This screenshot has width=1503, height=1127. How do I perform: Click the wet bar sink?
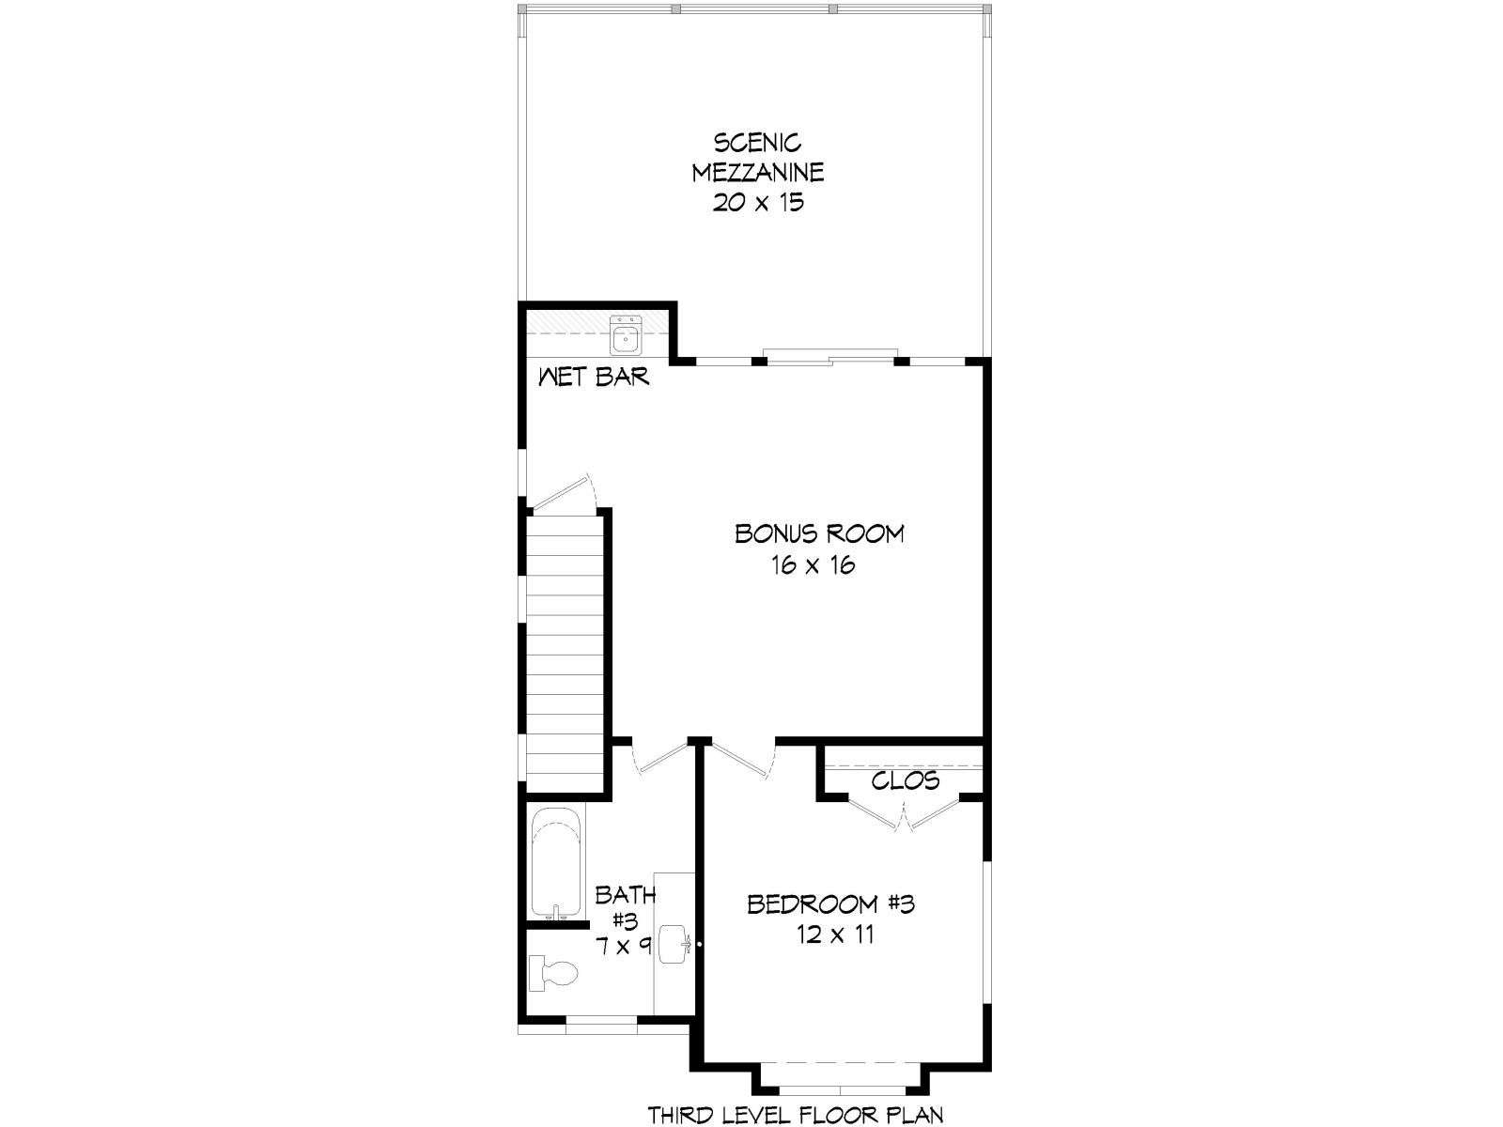click(626, 335)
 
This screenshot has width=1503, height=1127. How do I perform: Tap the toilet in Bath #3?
click(553, 974)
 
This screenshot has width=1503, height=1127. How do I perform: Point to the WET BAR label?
click(594, 377)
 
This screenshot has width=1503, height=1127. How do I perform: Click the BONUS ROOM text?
click(819, 533)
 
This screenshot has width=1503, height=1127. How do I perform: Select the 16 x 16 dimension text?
click(813, 565)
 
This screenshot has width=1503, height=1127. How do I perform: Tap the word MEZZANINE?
click(757, 173)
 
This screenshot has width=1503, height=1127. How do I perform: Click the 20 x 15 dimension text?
click(757, 203)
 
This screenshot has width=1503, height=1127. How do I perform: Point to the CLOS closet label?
click(906, 780)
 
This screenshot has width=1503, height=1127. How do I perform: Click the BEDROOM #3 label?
click(830, 904)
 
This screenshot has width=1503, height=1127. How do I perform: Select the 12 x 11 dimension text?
click(835, 934)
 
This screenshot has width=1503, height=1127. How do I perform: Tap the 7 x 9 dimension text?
click(623, 947)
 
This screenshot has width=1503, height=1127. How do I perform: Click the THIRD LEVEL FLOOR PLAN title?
click(796, 1115)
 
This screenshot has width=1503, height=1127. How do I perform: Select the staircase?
click(565, 655)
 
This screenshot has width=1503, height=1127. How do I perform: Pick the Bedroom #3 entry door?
click(742, 758)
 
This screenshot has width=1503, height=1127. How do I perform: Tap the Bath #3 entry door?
click(659, 757)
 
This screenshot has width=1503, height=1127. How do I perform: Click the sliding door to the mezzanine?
click(829, 356)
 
